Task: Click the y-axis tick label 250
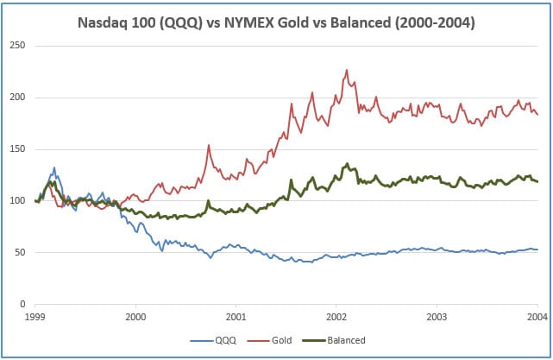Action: pyautogui.click(x=17, y=45)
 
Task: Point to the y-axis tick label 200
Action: pyautogui.click(x=17, y=97)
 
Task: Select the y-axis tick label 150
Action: pyautogui.click(x=17, y=148)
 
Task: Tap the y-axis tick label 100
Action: pyautogui.click(x=17, y=200)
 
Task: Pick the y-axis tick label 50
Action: pyautogui.click(x=20, y=252)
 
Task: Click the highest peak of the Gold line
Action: pyautogui.click(x=347, y=70)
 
